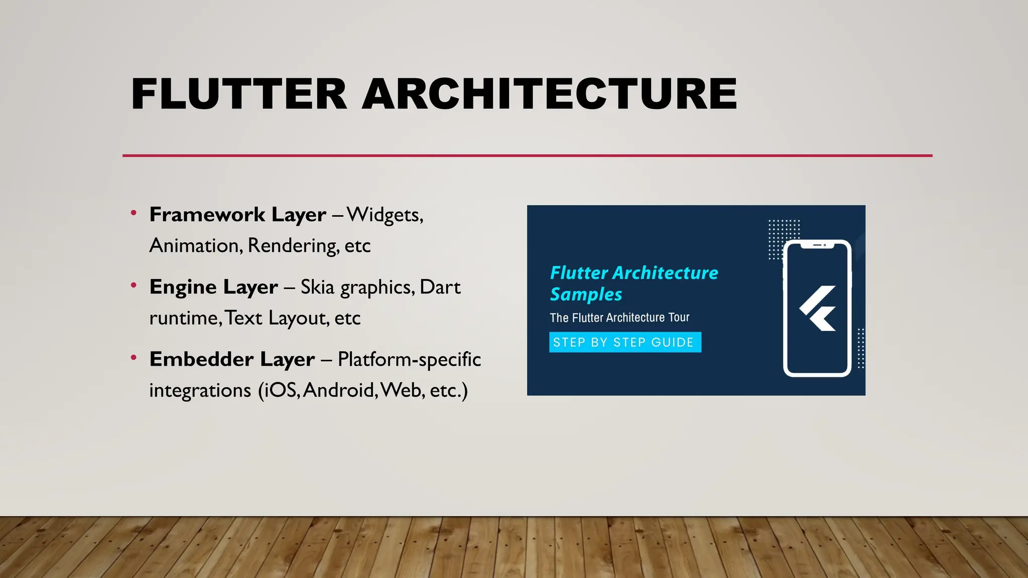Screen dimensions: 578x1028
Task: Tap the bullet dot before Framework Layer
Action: click(x=134, y=213)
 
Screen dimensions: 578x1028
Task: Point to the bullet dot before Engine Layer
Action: click(x=134, y=285)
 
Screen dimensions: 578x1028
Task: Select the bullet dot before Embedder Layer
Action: click(x=134, y=358)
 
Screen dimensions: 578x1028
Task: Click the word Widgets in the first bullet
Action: click(x=384, y=215)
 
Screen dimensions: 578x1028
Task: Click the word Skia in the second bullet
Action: click(x=317, y=287)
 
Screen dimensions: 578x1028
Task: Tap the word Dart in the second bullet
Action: click(x=440, y=287)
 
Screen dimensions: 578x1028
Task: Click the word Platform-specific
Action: click(x=409, y=359)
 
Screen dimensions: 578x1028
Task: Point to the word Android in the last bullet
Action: click(x=339, y=390)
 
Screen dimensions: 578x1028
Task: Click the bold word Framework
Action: click(x=207, y=215)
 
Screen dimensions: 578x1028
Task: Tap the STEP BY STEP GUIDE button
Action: click(x=625, y=342)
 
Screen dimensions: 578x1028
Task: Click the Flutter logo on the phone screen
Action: click(x=818, y=308)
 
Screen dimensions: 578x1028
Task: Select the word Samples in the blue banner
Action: click(x=586, y=295)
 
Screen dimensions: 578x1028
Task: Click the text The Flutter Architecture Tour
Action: click(x=619, y=318)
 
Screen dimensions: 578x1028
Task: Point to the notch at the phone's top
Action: click(x=818, y=245)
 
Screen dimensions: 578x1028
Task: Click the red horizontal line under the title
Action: click(x=527, y=156)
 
